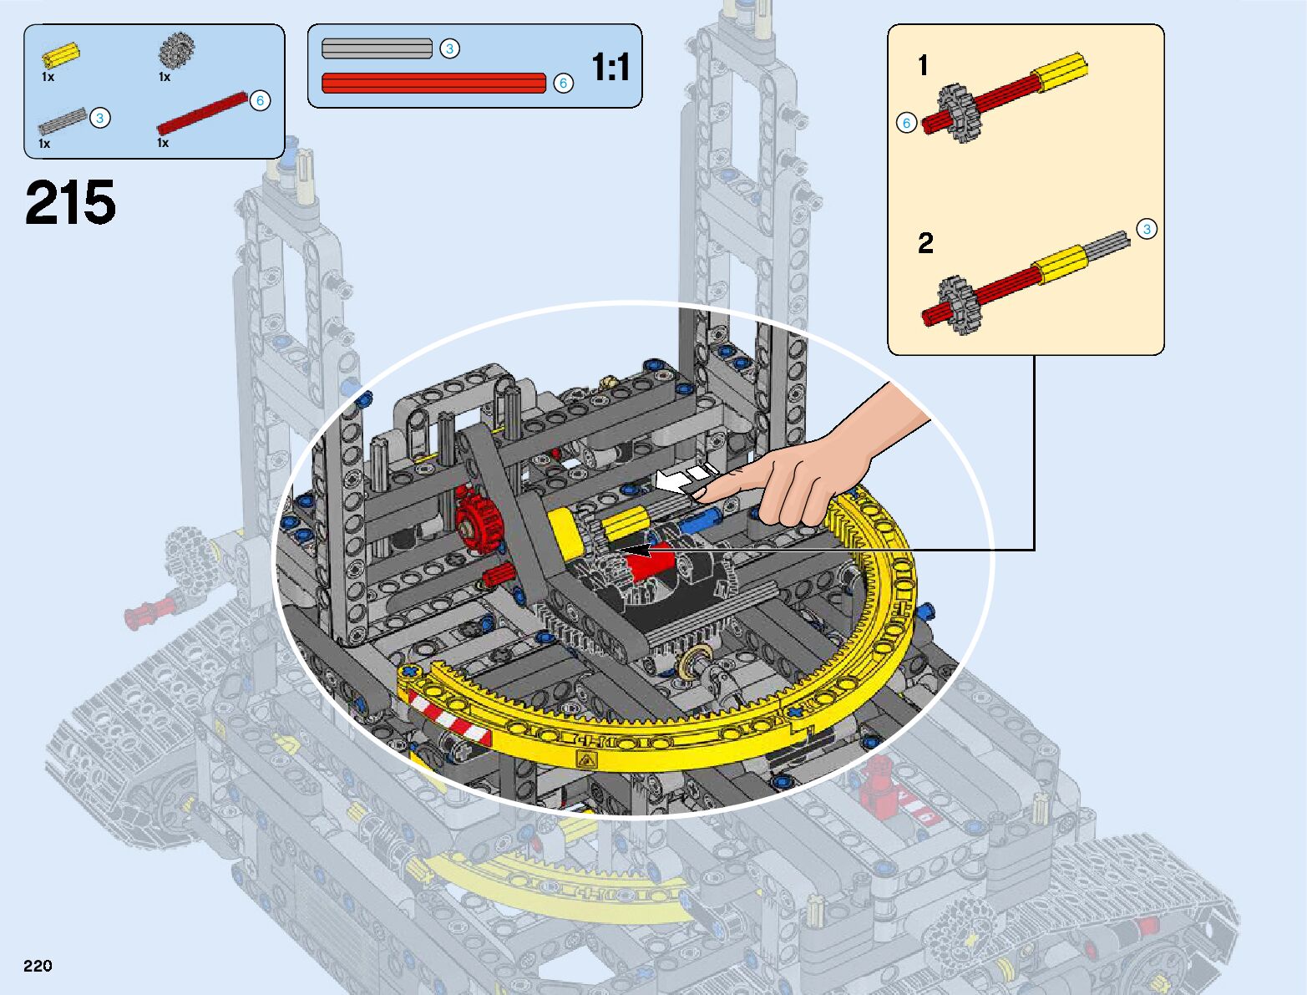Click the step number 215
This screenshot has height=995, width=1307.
70,204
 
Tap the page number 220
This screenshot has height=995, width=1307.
38,966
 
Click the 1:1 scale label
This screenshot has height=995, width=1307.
610,68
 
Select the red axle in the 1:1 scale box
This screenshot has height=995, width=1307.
433,83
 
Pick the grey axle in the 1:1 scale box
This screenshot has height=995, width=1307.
377,48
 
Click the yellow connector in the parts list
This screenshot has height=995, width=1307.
61,55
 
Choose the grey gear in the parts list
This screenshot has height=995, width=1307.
176,50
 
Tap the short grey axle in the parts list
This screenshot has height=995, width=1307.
62,122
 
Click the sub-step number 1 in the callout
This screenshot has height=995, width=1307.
923,65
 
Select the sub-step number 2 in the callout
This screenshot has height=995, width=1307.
925,243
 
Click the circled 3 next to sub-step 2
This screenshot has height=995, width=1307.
1147,229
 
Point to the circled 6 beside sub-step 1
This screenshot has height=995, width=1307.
906,123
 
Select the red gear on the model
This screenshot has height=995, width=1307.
476,520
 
